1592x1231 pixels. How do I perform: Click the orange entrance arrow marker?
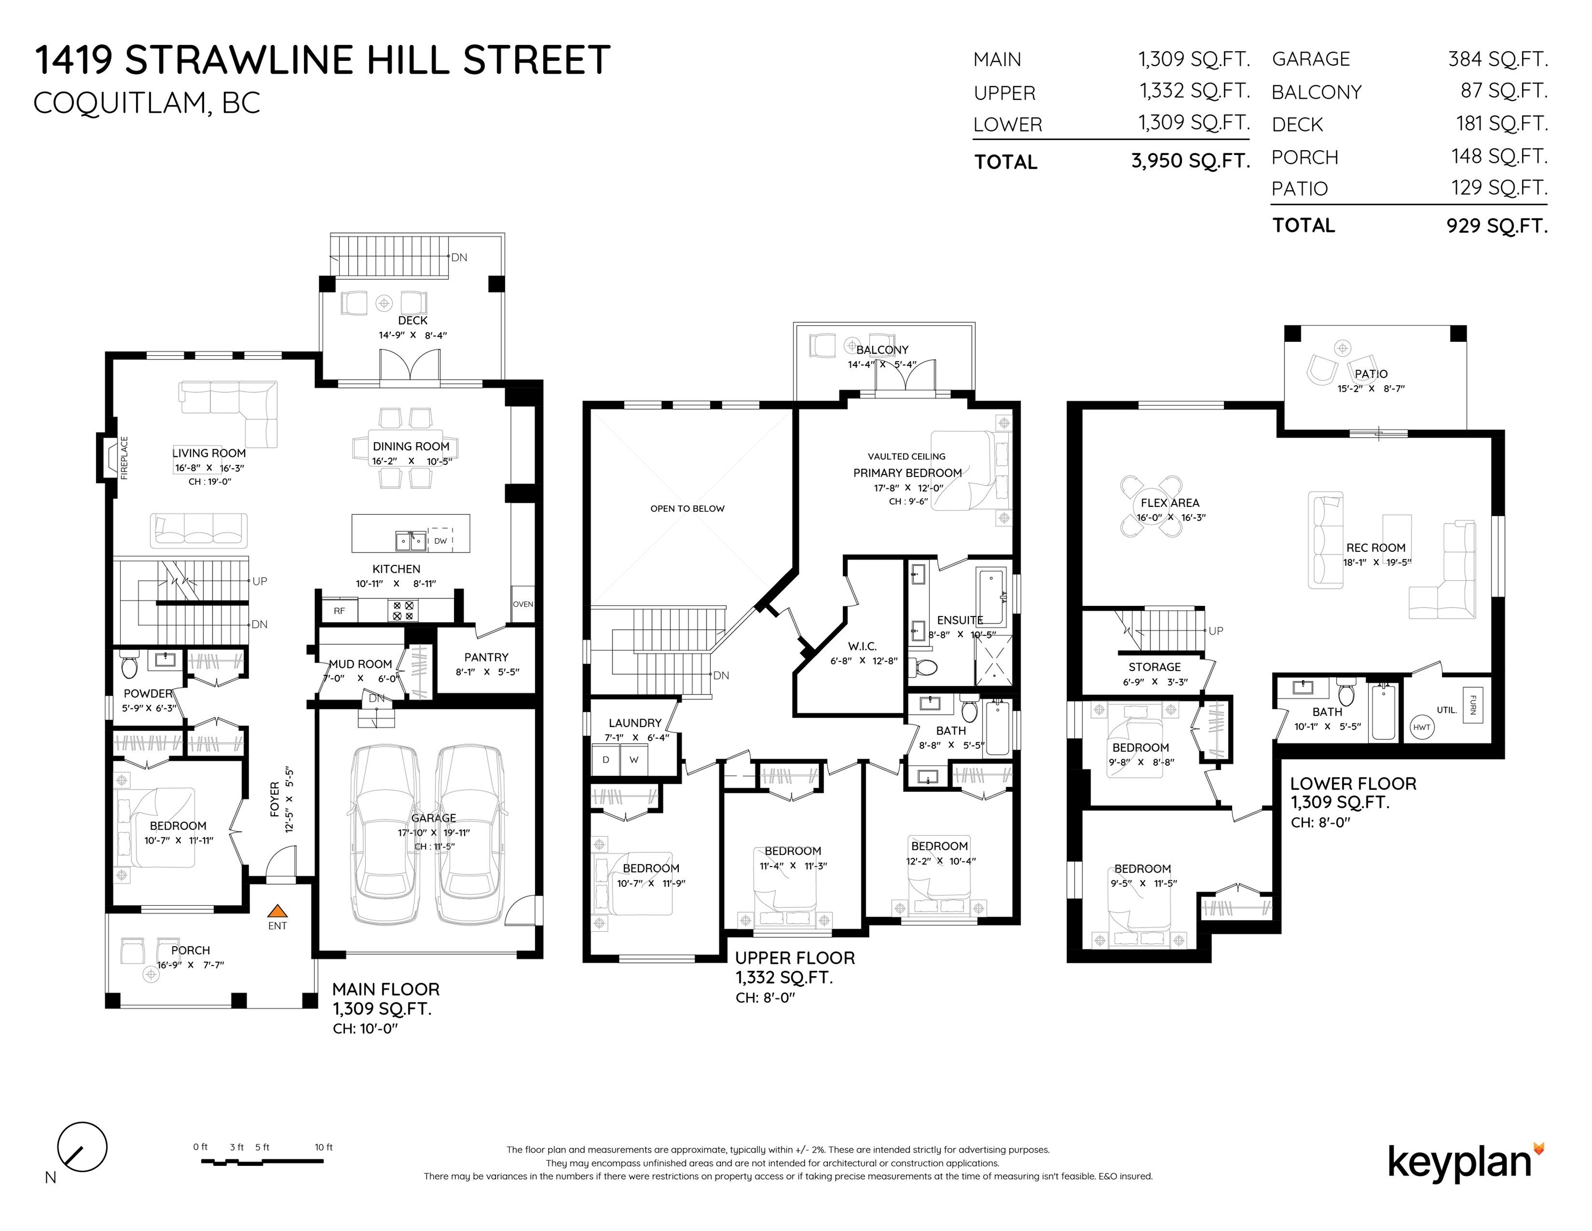(277, 911)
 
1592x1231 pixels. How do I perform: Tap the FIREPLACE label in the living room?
(124, 457)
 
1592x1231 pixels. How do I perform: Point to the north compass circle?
(82, 1147)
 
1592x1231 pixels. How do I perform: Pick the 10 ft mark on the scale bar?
(324, 1147)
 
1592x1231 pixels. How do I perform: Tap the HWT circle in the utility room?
(1422, 727)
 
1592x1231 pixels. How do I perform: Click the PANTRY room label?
(486, 657)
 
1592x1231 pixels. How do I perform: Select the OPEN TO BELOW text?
(687, 508)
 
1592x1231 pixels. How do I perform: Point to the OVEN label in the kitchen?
(523, 604)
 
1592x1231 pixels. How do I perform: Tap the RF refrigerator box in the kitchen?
(340, 610)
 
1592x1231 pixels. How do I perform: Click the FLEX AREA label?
(1170, 502)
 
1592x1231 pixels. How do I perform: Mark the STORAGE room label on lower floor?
(1155, 667)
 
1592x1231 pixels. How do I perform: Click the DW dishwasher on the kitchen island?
(440, 540)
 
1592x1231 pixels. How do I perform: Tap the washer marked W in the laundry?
(634, 760)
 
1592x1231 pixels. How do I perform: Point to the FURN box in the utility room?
(1472, 705)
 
